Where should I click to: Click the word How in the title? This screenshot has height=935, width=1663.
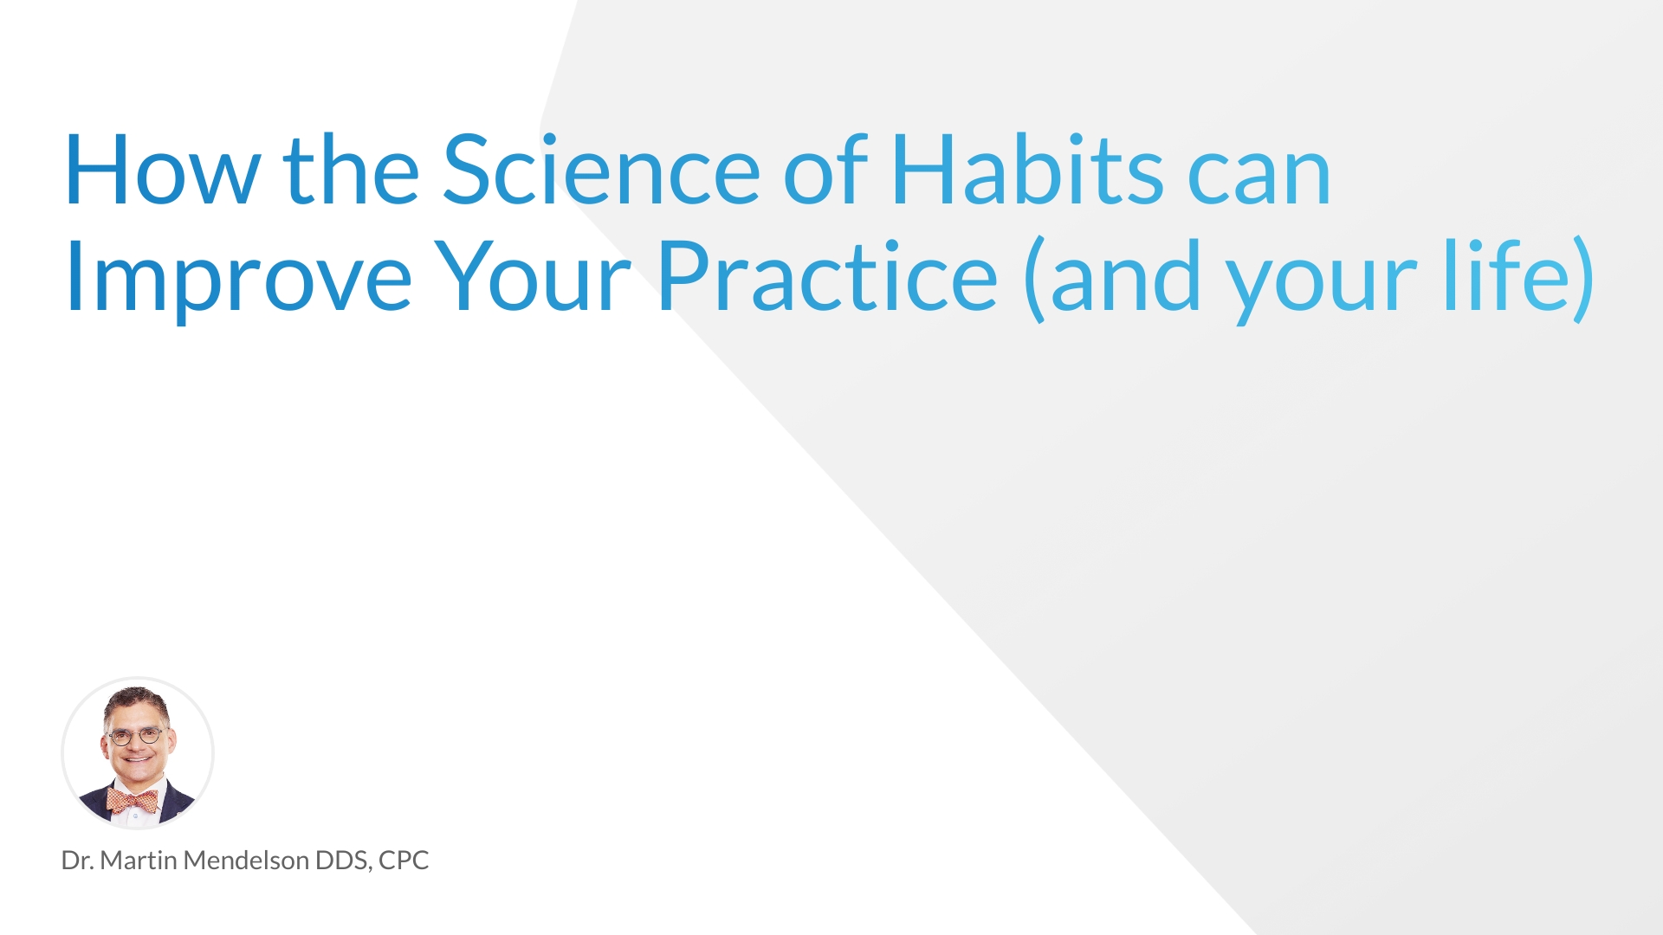(x=162, y=171)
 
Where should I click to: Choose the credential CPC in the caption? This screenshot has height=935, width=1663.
(x=404, y=861)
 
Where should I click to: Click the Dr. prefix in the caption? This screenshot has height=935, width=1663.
(x=77, y=861)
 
